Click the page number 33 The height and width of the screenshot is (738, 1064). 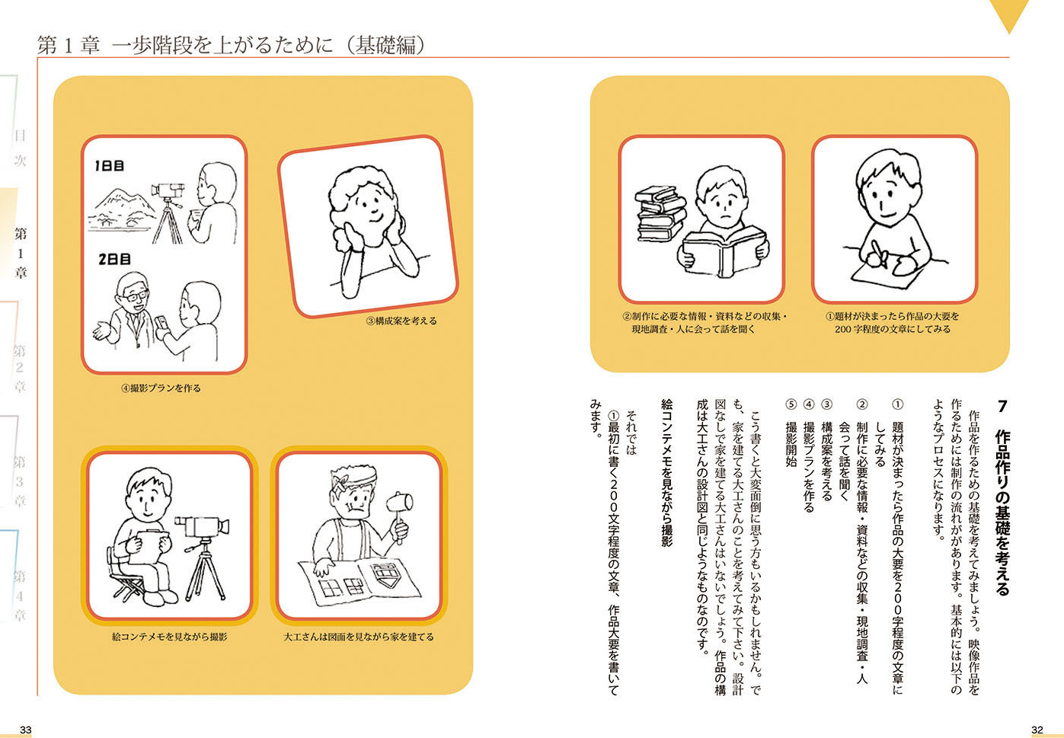pyautogui.click(x=26, y=730)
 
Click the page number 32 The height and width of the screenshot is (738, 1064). pyautogui.click(x=1037, y=730)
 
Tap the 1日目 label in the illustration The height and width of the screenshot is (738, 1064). pyautogui.click(x=109, y=166)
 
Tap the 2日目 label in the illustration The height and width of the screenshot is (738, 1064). pyautogui.click(x=114, y=259)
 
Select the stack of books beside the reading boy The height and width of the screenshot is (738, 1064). pyautogui.click(x=660, y=214)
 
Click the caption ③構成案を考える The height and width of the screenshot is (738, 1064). pyautogui.click(x=401, y=321)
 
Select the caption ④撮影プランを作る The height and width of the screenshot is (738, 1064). pyautogui.click(x=161, y=388)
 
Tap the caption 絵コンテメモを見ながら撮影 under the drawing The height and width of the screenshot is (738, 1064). pyautogui.click(x=170, y=637)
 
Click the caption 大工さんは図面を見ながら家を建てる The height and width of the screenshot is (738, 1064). pyautogui.click(x=359, y=637)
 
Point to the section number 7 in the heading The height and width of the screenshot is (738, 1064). pyautogui.click(x=1002, y=407)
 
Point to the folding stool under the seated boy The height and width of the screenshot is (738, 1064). pyautogui.click(x=126, y=582)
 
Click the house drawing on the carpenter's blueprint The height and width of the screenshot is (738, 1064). pyautogui.click(x=385, y=575)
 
